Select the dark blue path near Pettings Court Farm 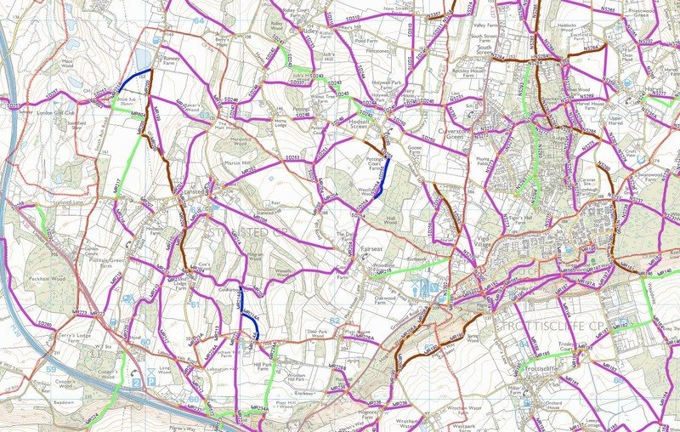click(382, 179)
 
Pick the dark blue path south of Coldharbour click(246, 310)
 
